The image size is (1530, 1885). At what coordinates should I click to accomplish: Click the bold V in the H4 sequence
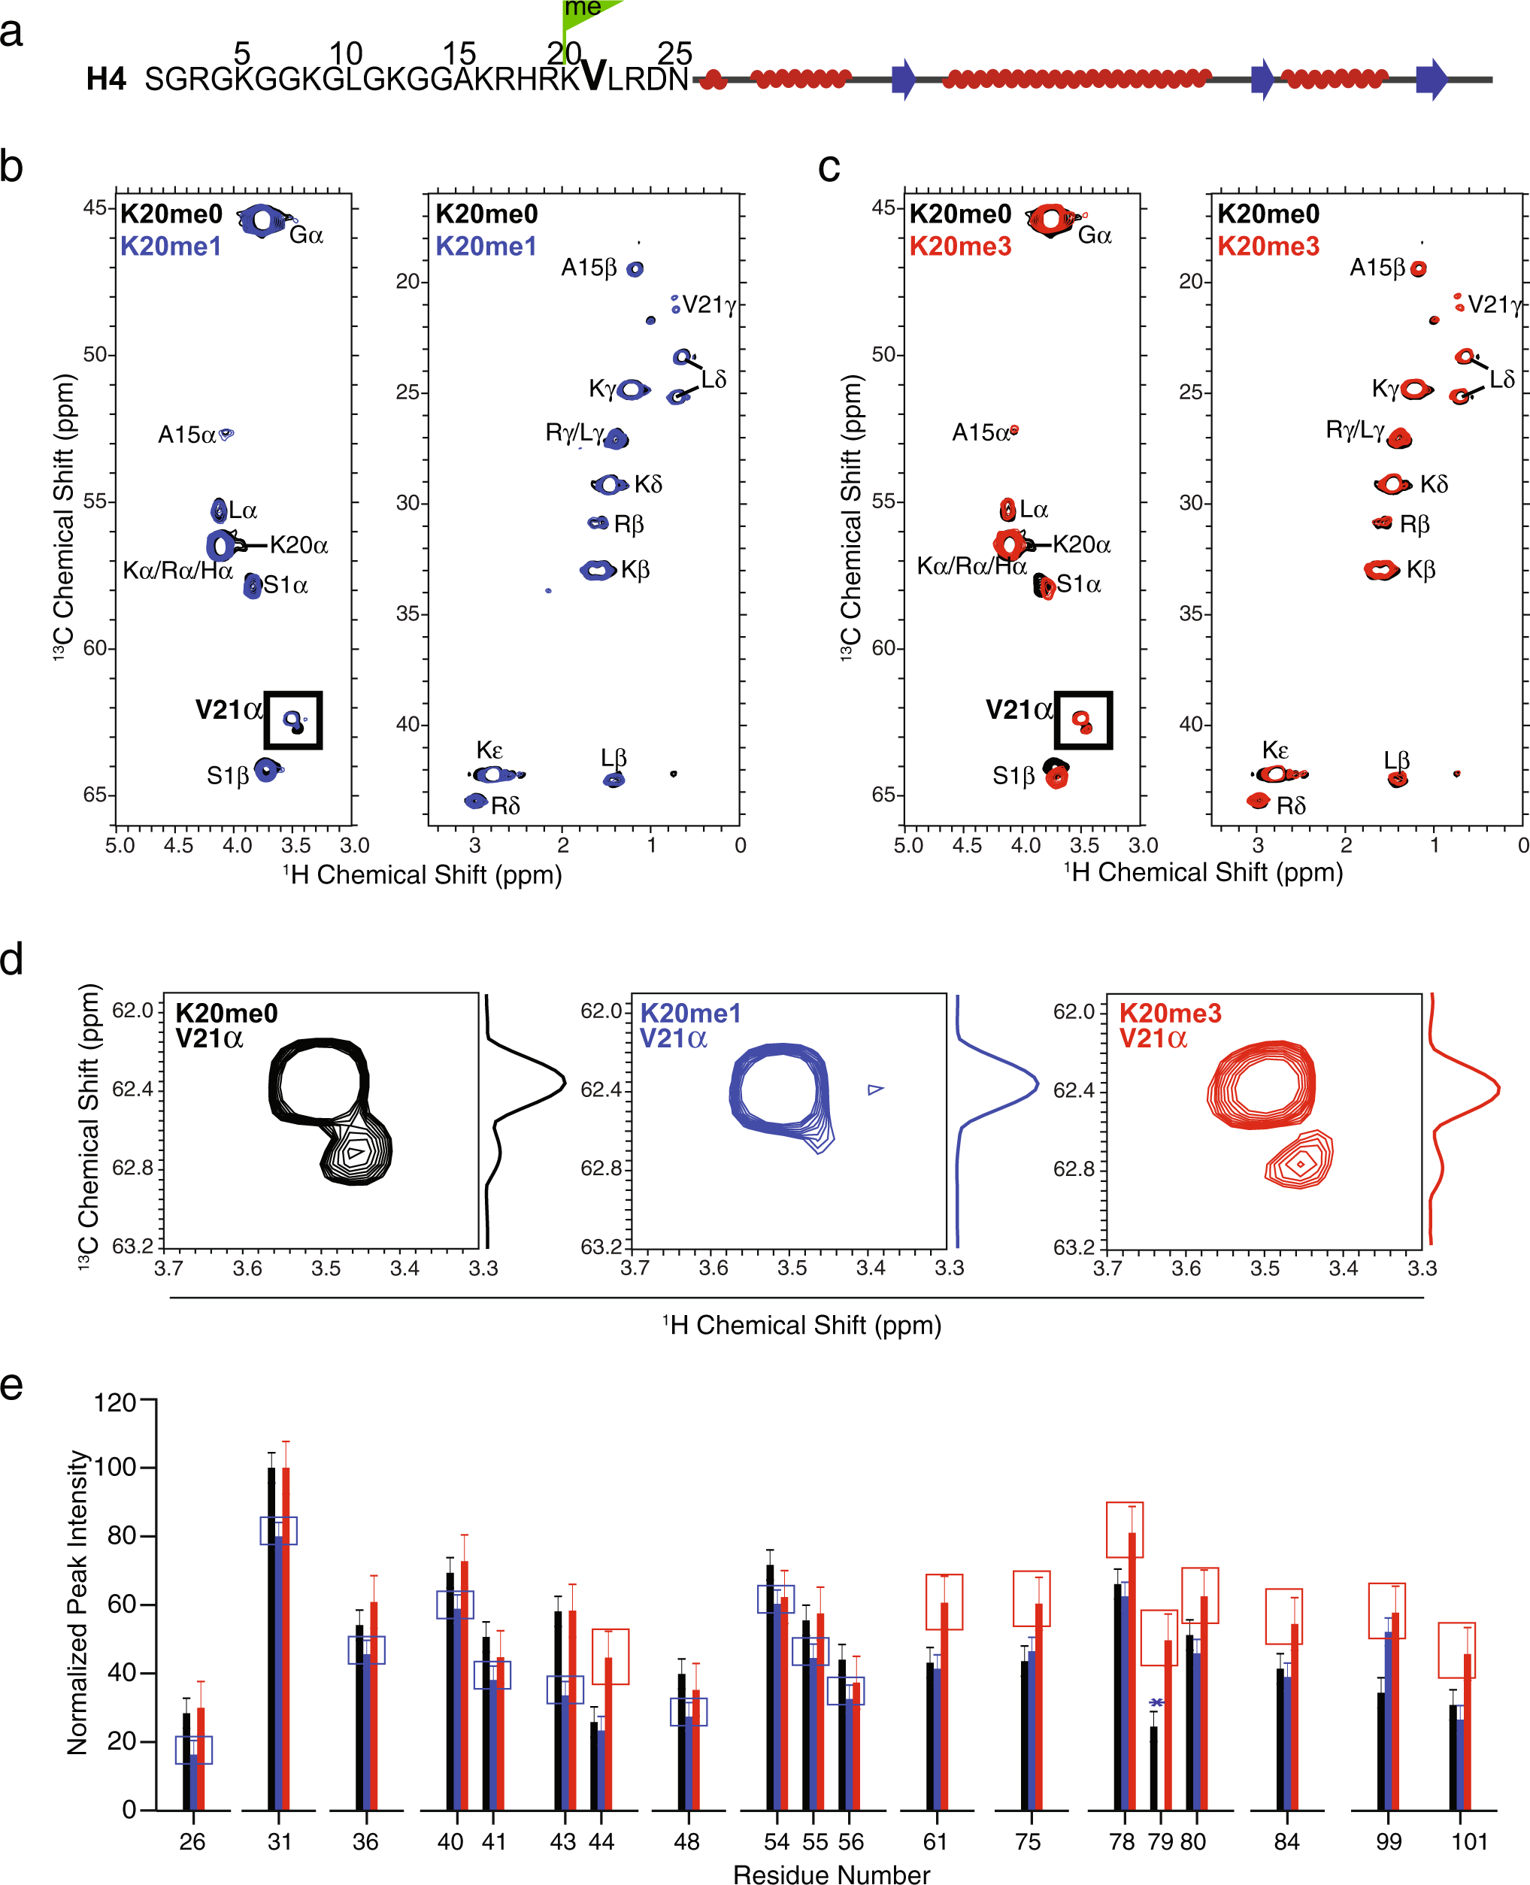point(593,77)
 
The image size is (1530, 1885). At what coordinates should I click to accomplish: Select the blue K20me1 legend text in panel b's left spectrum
point(170,246)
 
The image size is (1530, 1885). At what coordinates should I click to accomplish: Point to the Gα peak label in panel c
point(1095,235)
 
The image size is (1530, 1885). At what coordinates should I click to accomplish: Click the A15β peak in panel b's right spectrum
point(635,268)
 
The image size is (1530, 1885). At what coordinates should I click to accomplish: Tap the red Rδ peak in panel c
point(1258,800)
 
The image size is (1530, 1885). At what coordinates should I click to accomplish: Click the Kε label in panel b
point(489,750)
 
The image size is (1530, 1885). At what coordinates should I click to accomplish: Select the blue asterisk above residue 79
point(1156,1702)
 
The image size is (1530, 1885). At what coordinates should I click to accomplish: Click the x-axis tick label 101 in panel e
point(1469,1842)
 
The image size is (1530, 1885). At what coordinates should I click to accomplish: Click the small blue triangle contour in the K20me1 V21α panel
point(874,1090)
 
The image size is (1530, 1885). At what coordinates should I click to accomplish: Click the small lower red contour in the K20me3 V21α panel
point(1299,1162)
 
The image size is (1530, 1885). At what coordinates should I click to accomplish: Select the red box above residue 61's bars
point(944,1602)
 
